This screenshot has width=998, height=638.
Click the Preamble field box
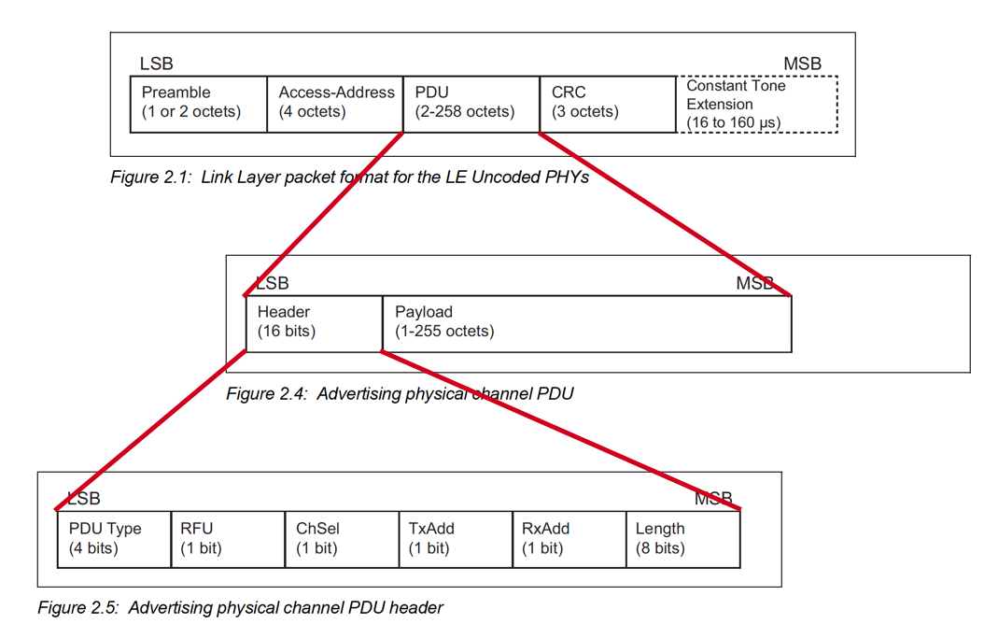pyautogui.click(x=198, y=104)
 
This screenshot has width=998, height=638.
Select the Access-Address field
pyautogui.click(x=335, y=104)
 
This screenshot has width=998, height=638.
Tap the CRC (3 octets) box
pyautogui.click(x=607, y=104)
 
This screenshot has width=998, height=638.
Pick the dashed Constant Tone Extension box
pyautogui.click(x=757, y=104)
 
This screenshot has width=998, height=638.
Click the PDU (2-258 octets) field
pyautogui.click(x=471, y=104)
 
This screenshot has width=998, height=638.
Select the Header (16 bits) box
pyautogui.click(x=314, y=323)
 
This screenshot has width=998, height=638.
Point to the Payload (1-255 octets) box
pyautogui.click(x=586, y=323)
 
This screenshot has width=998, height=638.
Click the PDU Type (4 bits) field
pyautogui.click(x=113, y=539)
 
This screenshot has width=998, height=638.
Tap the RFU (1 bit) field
pyautogui.click(x=228, y=539)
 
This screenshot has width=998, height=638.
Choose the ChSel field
pyautogui.click(x=342, y=539)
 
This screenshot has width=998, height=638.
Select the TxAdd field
pyautogui.click(x=456, y=539)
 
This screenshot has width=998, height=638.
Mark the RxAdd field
pyautogui.click(x=569, y=539)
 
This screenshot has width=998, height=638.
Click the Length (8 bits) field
pyautogui.click(x=682, y=539)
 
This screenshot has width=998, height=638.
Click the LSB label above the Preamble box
pyautogui.click(x=156, y=64)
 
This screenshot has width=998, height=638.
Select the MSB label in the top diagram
pyautogui.click(x=802, y=64)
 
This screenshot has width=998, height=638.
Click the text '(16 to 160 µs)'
pyautogui.click(x=733, y=122)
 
